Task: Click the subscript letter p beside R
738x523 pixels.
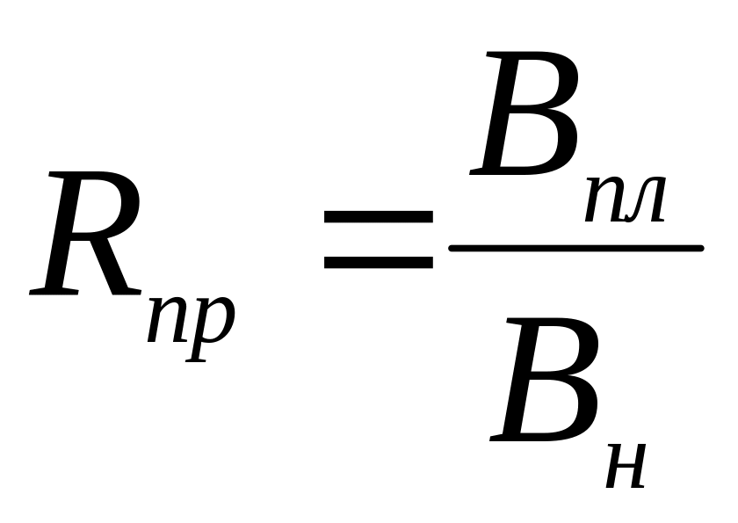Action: pos(210,328)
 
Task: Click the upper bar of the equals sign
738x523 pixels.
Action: pos(379,216)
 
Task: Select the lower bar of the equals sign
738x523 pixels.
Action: pos(379,263)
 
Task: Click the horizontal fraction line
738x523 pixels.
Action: pos(576,248)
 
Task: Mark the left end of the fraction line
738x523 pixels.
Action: pos(449,248)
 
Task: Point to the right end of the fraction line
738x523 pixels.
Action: pos(703,248)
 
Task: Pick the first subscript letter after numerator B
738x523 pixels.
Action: pos(604,200)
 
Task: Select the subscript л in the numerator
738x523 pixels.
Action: pos(644,200)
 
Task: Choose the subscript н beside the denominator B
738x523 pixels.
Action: pos(626,466)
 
